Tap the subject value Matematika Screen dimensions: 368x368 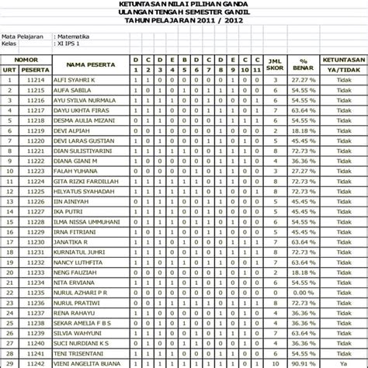(x=74, y=36)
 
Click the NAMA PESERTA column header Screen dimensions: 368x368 (x=85, y=64)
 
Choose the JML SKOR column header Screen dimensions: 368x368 (x=273, y=64)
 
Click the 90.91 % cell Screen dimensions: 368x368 (x=304, y=363)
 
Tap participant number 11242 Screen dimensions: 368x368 (x=36, y=363)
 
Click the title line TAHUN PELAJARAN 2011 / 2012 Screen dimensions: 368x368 (x=183, y=21)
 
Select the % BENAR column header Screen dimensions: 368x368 (x=304, y=64)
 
